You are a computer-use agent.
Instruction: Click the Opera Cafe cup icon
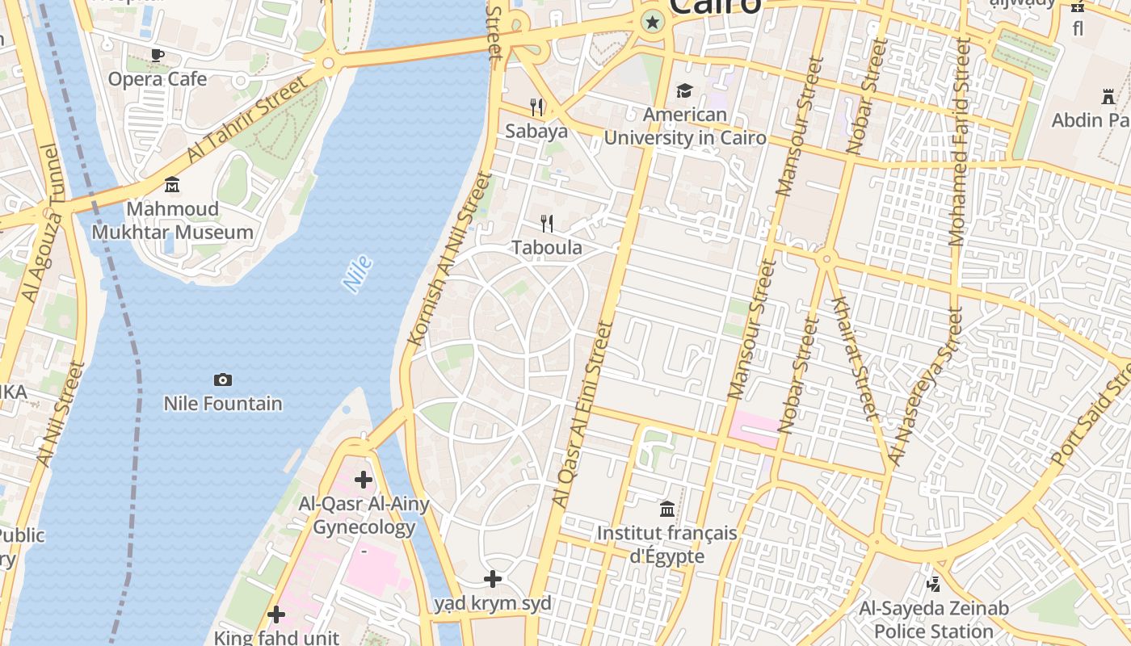point(158,55)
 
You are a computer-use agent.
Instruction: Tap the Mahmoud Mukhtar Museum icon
point(172,186)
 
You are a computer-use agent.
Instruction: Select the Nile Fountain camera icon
point(223,380)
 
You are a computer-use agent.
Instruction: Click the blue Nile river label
point(357,273)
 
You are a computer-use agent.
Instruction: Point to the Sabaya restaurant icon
point(536,107)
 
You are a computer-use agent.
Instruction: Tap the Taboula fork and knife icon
point(548,224)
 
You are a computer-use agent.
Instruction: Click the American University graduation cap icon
point(685,90)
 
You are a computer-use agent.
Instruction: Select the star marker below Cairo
point(652,23)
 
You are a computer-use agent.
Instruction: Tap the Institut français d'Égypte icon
point(667,509)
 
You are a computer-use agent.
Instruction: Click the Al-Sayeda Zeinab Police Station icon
point(934,583)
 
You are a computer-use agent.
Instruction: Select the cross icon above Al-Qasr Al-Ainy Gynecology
point(364,480)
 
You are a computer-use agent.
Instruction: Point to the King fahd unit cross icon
point(276,615)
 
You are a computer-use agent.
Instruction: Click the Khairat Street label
point(855,359)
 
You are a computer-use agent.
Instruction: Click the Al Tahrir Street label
point(247,119)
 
